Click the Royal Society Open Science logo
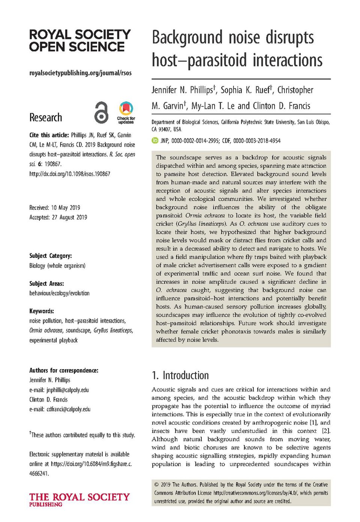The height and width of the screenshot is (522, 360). tap(80, 41)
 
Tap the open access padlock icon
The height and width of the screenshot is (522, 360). tap(101, 112)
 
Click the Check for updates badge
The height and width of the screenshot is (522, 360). tap(126, 112)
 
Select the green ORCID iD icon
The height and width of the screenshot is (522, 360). tap(155, 141)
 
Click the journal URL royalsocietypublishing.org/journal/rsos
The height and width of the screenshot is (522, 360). tap(80, 73)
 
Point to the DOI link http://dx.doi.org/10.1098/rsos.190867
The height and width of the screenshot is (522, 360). tap(70, 174)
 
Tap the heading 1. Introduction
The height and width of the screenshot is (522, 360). tap(180, 375)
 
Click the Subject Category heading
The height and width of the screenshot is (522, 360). tap(51, 256)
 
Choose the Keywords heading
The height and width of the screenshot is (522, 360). tap(42, 311)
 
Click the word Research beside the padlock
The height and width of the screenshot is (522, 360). tap(46, 117)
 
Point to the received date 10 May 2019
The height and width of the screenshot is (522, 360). tap(65, 208)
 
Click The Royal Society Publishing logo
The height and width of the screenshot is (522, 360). tap(79, 499)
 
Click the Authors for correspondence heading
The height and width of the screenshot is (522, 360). tap(64, 370)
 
